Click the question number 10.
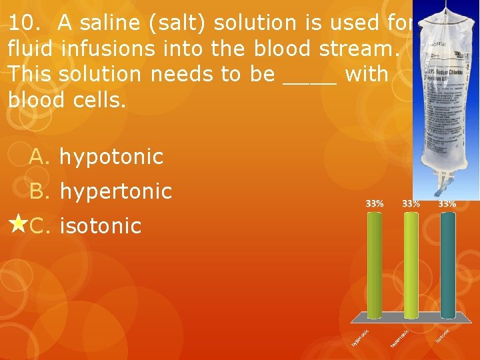tap(25, 23)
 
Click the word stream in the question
tap(356, 49)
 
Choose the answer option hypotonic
tap(111, 157)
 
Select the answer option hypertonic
tap(116, 192)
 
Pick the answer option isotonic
tap(101, 226)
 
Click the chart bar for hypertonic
tap(411, 263)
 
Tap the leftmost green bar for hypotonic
tap(375, 263)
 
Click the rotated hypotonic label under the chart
tap(361, 337)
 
